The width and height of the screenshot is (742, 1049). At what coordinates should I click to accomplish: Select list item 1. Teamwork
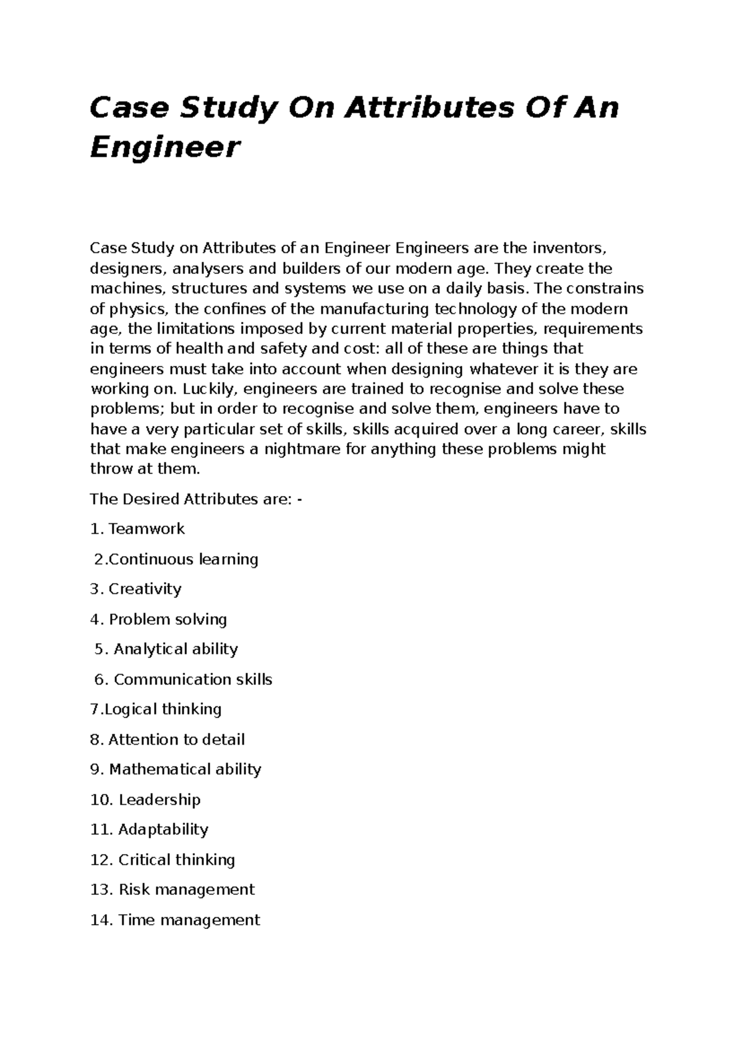pos(137,529)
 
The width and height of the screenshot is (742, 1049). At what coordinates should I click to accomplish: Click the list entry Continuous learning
pos(176,559)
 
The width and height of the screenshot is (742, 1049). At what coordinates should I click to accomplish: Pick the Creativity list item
pos(136,589)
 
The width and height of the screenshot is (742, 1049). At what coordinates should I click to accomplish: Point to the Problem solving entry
pos(159,619)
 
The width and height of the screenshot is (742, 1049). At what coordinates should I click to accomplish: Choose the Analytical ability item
pos(166,649)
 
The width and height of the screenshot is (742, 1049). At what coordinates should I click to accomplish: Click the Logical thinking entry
pos(156,709)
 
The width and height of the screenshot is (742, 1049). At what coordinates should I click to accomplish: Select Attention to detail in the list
pos(168,739)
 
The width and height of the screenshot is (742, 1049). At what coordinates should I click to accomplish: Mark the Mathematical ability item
pos(176,769)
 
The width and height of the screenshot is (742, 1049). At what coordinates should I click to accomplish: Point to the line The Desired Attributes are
pos(197,499)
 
